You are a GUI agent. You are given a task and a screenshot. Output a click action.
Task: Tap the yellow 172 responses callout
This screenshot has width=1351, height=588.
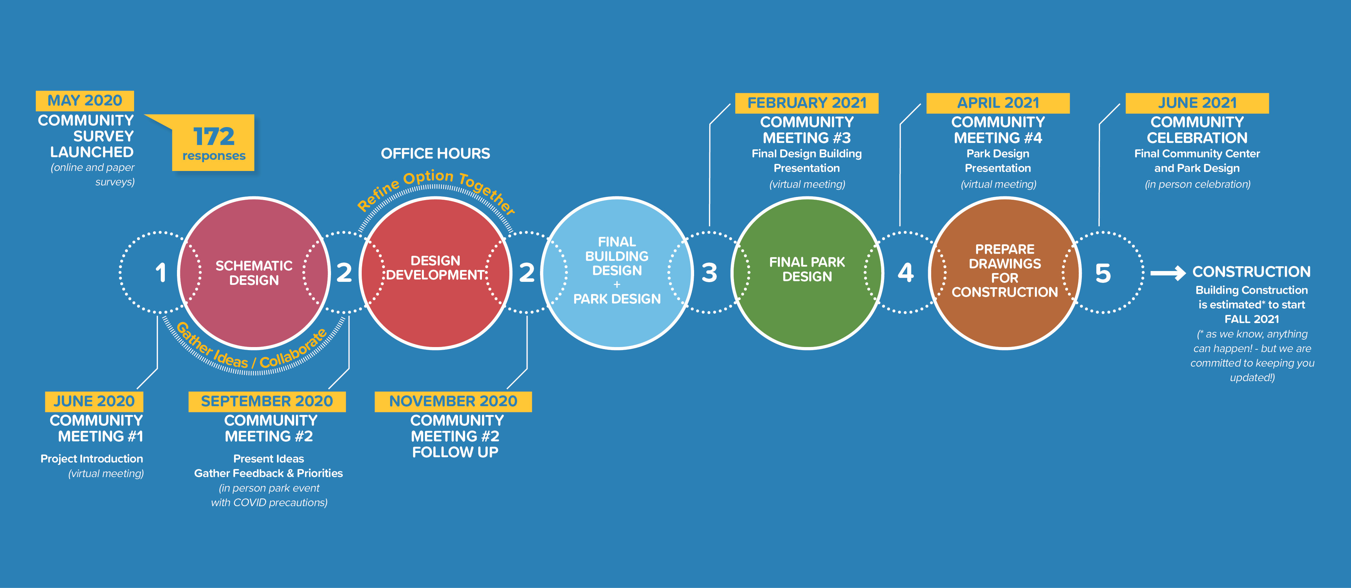(x=213, y=143)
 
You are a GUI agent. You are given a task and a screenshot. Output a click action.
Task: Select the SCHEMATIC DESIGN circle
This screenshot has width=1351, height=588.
(x=254, y=273)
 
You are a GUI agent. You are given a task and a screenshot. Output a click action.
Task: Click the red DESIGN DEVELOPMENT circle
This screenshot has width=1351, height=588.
(x=435, y=273)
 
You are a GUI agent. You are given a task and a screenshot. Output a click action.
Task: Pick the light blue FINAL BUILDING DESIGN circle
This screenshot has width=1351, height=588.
(x=617, y=273)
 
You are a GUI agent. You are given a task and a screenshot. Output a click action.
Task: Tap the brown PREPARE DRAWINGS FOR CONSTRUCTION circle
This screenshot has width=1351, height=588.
(x=1004, y=273)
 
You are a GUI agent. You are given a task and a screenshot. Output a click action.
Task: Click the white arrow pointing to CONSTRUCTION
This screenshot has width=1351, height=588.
(x=1168, y=273)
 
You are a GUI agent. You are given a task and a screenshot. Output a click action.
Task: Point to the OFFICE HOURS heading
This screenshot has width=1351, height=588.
(x=435, y=154)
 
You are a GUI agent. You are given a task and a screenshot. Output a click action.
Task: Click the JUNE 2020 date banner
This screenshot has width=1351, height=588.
(x=94, y=401)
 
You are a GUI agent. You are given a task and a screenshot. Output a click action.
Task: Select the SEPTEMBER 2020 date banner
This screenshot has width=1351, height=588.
(x=267, y=401)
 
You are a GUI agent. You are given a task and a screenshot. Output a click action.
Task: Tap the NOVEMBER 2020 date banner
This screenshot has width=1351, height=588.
(x=453, y=401)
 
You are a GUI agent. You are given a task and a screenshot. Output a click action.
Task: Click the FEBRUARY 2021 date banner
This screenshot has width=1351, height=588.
(x=807, y=103)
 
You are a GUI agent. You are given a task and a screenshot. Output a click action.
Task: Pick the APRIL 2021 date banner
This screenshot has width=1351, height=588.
(x=998, y=103)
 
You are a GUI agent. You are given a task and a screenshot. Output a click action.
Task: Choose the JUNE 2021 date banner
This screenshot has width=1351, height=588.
(x=1197, y=103)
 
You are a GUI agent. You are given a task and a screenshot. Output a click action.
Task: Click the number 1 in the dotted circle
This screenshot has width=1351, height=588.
(x=160, y=273)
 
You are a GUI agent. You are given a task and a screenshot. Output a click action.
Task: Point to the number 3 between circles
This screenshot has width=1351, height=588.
(x=709, y=273)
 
